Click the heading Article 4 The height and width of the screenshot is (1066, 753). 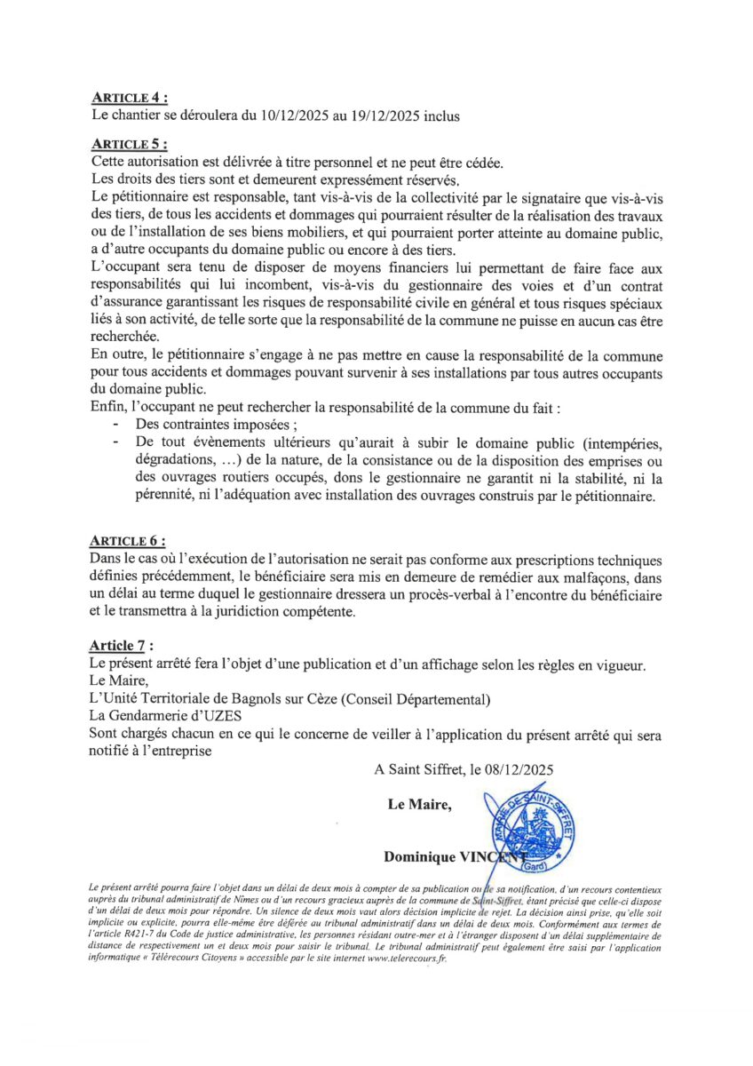pos(129,98)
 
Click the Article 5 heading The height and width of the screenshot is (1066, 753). pos(129,143)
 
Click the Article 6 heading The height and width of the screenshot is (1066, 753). pos(129,541)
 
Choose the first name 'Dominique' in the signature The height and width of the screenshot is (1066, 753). pos(418,856)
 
